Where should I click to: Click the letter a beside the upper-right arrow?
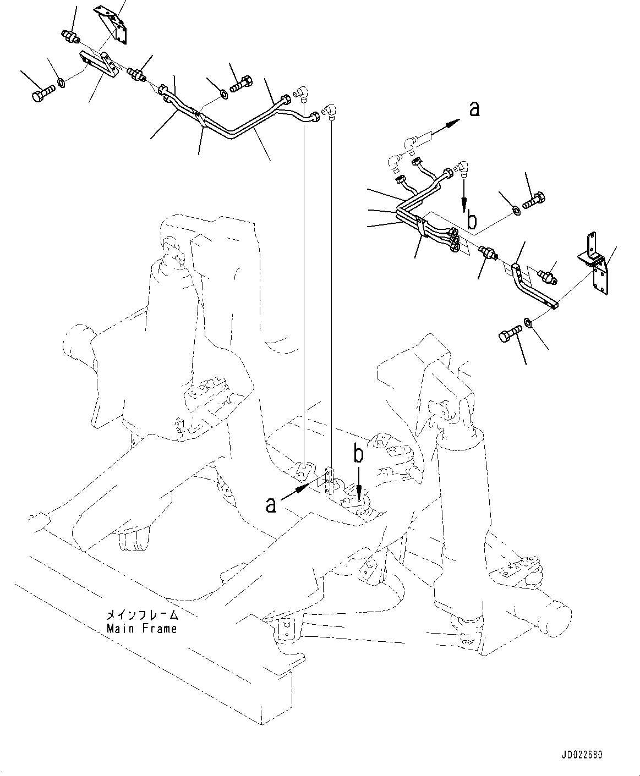tap(474, 109)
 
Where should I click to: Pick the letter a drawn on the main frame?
tap(271, 504)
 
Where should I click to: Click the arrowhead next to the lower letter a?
tap(302, 485)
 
